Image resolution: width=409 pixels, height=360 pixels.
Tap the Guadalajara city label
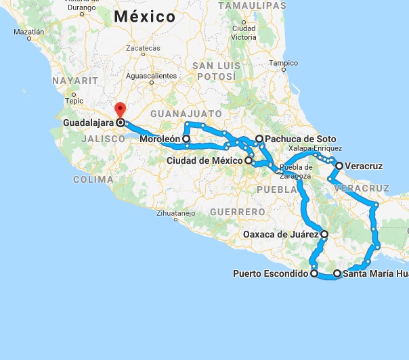point(88,123)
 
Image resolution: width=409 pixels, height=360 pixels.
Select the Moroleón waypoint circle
point(186,139)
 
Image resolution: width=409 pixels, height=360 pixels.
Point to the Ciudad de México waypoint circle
point(249,160)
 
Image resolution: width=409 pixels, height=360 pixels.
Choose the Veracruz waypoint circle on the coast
point(339,164)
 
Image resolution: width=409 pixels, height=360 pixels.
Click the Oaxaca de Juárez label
point(280,235)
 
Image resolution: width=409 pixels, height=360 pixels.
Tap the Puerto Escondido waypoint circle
point(314,274)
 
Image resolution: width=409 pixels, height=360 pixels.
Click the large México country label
point(145,16)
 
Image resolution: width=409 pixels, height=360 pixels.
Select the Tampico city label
point(283,64)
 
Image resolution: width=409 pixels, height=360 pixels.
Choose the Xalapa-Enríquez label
point(315,148)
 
